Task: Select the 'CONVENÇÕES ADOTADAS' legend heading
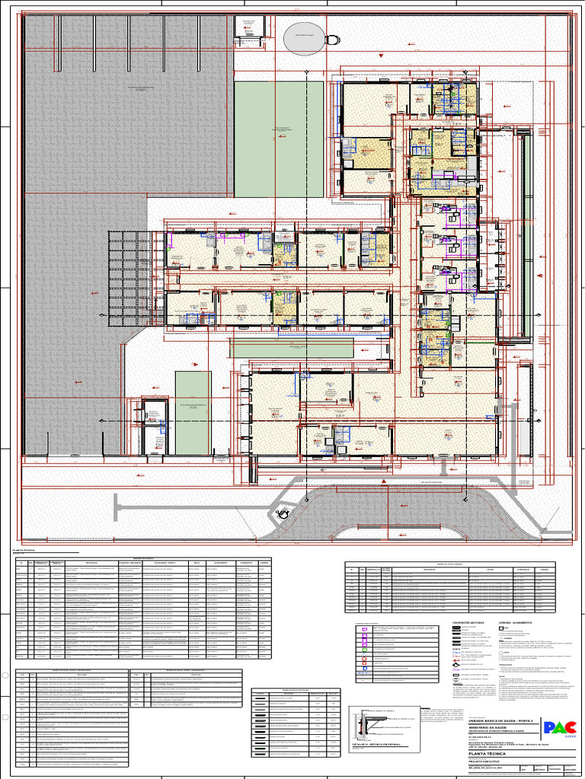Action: click(468, 622)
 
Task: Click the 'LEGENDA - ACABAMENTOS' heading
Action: click(517, 622)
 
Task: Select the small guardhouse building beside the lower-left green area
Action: click(155, 426)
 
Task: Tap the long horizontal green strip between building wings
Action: click(292, 349)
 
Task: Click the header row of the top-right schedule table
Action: click(449, 568)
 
